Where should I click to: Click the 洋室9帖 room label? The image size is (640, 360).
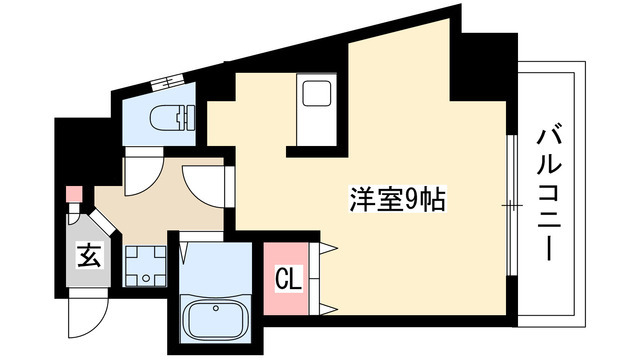397,199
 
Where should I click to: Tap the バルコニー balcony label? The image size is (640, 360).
549,195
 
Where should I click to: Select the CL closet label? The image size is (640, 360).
289,279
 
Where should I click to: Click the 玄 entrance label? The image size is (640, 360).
89,256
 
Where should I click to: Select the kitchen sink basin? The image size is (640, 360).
317,93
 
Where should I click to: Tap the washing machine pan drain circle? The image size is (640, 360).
146,278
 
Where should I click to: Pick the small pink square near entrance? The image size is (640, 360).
75,193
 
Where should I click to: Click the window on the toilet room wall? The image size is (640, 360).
167,83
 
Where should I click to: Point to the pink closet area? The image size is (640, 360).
286,278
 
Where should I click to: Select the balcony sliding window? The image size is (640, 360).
512,204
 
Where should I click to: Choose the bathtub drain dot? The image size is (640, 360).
215,308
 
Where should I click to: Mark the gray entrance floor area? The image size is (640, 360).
89,251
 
